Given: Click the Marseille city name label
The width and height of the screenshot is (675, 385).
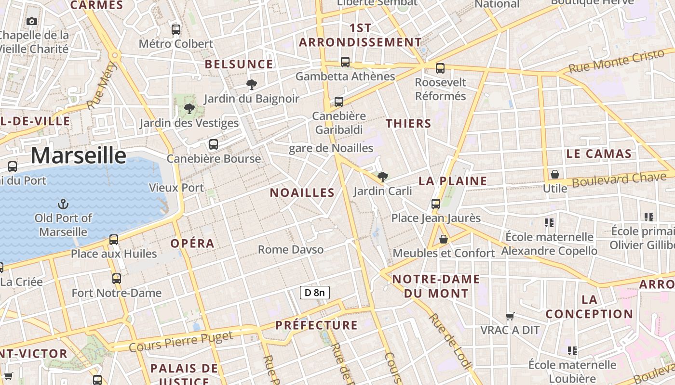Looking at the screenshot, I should (79, 155).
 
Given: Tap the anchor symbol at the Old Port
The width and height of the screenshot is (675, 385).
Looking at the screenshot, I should (63, 204).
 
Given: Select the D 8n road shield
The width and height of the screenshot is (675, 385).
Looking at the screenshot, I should (315, 292).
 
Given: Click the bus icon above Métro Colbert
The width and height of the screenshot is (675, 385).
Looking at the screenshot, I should (176, 29).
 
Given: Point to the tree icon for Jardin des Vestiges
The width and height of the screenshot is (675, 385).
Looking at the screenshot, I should (189, 109).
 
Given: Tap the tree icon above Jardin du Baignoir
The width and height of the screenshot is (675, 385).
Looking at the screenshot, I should (251, 85).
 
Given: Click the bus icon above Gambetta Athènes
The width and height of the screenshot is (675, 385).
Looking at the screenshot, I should (345, 62).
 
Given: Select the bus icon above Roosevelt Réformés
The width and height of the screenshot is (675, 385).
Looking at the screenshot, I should (440, 68).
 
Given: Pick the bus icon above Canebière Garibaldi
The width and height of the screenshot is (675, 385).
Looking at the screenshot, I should (339, 102).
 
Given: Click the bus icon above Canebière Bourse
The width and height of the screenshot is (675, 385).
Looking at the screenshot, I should (214, 144).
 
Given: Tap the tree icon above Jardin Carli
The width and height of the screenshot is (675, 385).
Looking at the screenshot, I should (383, 177).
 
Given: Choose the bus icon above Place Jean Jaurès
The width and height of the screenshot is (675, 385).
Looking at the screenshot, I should (436, 204).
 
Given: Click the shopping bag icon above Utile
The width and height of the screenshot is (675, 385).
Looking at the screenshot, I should (555, 174).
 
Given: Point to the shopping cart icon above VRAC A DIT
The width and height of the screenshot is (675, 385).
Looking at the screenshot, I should (510, 316).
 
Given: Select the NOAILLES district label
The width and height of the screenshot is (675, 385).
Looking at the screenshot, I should (302, 193).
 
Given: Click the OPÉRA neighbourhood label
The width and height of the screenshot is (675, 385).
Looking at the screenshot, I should (192, 244).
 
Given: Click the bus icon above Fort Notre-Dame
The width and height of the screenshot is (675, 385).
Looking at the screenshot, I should (117, 278).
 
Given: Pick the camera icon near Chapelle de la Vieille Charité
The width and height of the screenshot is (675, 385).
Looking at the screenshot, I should (32, 21).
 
